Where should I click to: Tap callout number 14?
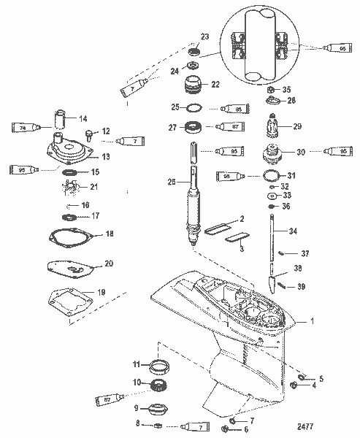(83, 118)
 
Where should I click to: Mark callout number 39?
(301, 287)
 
